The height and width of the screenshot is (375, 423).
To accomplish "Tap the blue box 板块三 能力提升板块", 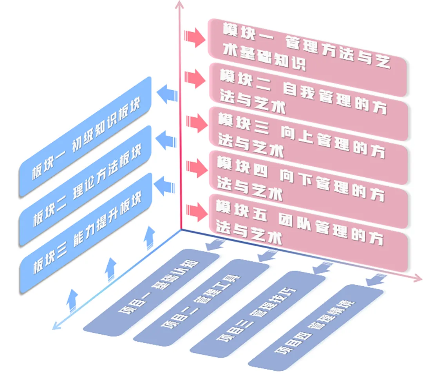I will [86, 233].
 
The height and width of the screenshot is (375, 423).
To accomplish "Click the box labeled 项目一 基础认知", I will [151, 292].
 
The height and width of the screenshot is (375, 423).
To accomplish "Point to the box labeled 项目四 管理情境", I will [315, 328].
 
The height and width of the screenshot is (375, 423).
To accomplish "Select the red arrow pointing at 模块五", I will [195, 211].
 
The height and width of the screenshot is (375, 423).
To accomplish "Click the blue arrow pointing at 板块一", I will [166, 94].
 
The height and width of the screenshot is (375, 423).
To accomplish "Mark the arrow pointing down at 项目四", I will [374, 279].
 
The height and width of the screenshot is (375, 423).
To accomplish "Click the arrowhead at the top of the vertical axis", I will [180, 5].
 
